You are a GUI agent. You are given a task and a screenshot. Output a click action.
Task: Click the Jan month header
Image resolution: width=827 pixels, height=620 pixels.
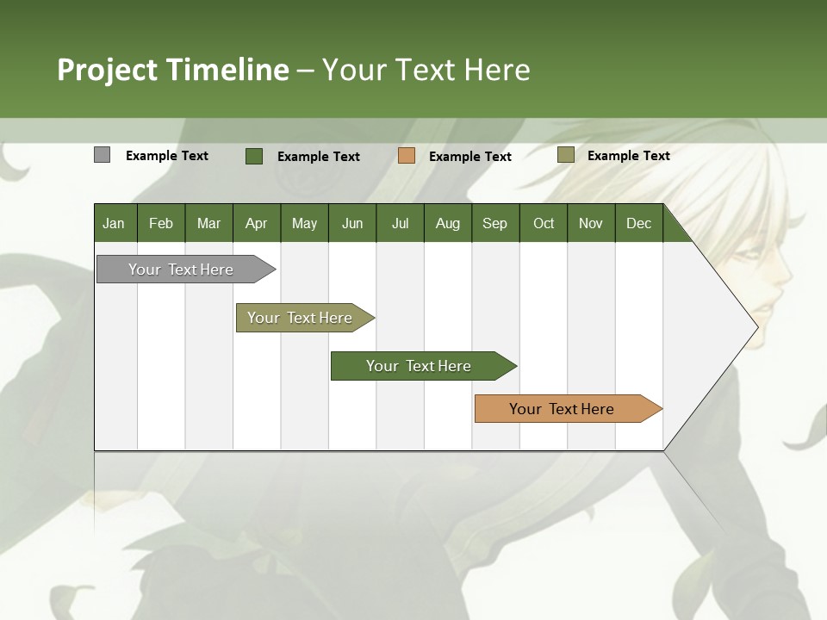(115, 223)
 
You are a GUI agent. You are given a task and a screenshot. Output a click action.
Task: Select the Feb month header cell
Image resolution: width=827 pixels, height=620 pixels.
(161, 223)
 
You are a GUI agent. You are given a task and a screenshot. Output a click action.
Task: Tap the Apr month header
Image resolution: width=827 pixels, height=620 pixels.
(257, 223)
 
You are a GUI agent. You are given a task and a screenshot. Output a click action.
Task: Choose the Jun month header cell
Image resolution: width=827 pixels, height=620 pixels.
(352, 223)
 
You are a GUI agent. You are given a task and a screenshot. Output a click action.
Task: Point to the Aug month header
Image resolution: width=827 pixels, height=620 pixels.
(448, 223)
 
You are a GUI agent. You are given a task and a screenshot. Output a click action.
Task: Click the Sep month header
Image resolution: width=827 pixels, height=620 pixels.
(495, 223)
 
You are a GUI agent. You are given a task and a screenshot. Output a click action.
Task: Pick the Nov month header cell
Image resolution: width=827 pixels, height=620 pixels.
(591, 223)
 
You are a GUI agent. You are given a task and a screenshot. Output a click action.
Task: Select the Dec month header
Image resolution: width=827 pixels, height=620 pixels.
(639, 223)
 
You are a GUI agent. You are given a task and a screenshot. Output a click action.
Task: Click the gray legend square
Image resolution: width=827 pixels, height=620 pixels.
(102, 155)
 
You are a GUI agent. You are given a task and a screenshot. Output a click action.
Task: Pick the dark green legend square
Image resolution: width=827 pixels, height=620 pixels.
(254, 156)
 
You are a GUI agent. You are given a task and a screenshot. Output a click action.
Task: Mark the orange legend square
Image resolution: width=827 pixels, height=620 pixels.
(407, 155)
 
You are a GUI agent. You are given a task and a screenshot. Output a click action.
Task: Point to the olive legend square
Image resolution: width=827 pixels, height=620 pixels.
(565, 155)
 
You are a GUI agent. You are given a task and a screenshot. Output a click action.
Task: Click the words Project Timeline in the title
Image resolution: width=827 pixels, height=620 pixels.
(172, 70)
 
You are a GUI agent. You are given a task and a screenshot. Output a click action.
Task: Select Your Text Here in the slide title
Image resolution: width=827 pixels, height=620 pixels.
(426, 70)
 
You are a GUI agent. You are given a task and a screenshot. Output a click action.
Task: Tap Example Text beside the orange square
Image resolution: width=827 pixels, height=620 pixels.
(470, 157)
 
